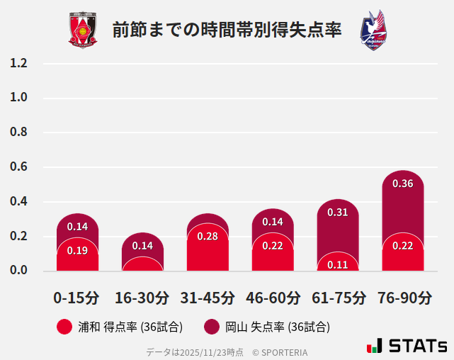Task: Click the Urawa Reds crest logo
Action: [83, 30]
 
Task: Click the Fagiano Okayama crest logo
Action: [373, 30]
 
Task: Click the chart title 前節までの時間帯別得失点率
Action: [227, 30]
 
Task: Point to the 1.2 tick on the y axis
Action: [18, 63]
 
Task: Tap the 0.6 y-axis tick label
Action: [18, 167]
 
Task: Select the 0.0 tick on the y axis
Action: [18, 271]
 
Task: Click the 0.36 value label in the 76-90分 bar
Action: [402, 184]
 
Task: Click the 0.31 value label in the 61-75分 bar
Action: [338, 212]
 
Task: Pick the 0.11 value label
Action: [338, 264]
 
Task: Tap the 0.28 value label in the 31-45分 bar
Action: [208, 236]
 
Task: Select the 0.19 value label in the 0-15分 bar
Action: [77, 250]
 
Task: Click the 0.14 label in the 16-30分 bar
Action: [142, 246]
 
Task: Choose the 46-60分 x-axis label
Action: [273, 297]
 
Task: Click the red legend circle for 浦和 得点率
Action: [64, 327]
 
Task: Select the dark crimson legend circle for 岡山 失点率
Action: [211, 327]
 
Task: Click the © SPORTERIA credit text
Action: [280, 351]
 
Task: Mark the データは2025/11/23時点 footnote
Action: [195, 351]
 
